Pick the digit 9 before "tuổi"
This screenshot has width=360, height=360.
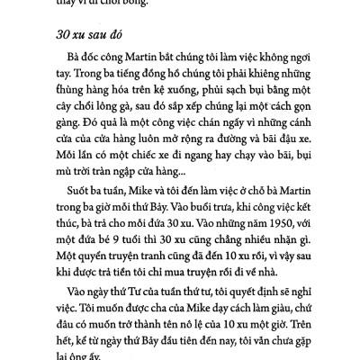pos(103,265)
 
